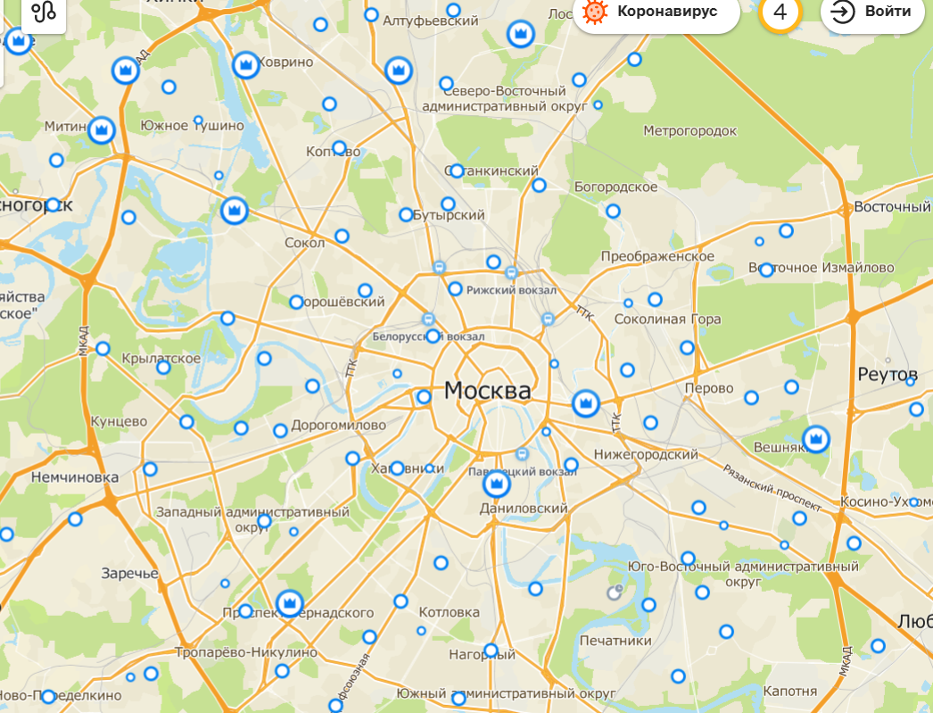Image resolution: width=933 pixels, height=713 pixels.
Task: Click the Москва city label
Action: coord(486,391)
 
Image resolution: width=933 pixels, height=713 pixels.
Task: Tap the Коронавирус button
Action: coord(656,12)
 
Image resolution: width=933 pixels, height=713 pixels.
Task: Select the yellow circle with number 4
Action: coord(780,12)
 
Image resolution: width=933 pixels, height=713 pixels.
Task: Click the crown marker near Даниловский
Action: coord(495,485)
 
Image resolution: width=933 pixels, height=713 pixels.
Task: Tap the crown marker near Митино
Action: coord(103,130)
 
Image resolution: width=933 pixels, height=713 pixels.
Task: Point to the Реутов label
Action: coord(888,373)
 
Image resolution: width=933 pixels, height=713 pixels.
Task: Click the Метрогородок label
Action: coord(690,131)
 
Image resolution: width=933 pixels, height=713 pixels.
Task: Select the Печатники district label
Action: coord(615,641)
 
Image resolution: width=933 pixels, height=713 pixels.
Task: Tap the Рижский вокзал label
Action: coord(511,290)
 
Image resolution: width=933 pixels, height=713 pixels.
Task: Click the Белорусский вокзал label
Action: coord(428,337)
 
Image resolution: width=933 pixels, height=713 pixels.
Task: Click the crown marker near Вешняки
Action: coord(815,438)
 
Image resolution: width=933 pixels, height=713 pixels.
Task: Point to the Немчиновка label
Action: coord(74,477)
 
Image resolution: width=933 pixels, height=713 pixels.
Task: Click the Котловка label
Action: coord(450,613)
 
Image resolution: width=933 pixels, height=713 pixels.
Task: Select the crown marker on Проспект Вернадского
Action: coord(290,603)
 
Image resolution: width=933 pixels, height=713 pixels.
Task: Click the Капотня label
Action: coord(790,692)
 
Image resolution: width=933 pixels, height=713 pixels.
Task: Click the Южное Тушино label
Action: coord(192,126)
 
